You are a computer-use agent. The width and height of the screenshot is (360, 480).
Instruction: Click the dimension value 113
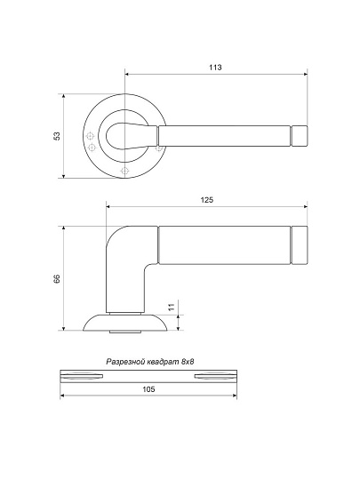pyautogui.click(x=215, y=68)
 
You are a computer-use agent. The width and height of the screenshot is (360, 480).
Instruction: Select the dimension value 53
pyautogui.click(x=57, y=136)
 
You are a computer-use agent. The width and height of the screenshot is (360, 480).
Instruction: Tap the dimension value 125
pyautogui.click(x=207, y=200)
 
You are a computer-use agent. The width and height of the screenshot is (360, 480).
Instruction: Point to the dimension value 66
pyautogui.click(x=57, y=278)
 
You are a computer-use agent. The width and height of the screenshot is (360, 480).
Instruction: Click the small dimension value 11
pyautogui.click(x=172, y=307)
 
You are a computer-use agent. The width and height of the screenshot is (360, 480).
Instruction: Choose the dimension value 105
pyautogui.click(x=148, y=389)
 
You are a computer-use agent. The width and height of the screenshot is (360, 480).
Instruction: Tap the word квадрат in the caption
pyautogui.click(x=164, y=362)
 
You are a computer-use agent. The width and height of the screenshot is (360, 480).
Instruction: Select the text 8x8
pyautogui.click(x=188, y=362)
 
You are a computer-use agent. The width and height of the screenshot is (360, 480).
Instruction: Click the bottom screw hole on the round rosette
pyautogui.click(x=124, y=170)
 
